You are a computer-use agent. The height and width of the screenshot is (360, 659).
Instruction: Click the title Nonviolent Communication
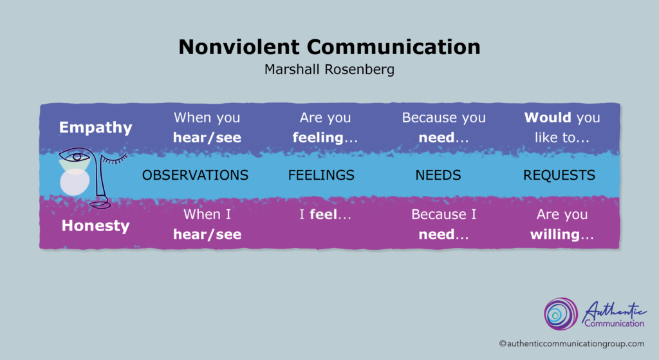tap(329, 46)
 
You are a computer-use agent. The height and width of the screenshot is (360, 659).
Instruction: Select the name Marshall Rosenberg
tap(329, 70)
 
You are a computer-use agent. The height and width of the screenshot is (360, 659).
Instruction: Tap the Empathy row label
tap(95, 128)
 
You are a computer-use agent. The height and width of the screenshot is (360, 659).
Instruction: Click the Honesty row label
tap(95, 226)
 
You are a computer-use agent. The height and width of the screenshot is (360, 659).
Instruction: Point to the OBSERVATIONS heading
tap(195, 175)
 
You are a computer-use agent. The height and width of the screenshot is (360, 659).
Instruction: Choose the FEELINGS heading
tap(321, 175)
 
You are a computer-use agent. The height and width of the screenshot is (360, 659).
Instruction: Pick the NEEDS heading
tap(438, 175)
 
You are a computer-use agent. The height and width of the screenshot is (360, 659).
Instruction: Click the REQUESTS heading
tap(559, 175)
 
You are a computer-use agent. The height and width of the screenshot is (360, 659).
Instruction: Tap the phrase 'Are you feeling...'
tap(325, 128)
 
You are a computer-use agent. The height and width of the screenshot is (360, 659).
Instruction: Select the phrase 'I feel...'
tap(325, 214)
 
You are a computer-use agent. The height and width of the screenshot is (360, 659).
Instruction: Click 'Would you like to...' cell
tap(562, 128)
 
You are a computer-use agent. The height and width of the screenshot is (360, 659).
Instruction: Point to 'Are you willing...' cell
tap(562, 224)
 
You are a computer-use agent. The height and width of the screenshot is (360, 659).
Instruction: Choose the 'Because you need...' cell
tap(443, 128)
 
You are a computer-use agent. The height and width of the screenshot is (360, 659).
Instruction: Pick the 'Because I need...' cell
tap(443, 224)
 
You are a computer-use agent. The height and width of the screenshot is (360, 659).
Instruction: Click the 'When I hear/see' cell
tap(207, 224)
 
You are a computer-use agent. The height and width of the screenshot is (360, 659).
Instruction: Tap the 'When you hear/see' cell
tap(207, 128)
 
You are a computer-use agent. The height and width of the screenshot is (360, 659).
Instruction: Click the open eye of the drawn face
tap(76, 157)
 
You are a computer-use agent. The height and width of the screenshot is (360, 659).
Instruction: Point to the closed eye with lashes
tap(113, 159)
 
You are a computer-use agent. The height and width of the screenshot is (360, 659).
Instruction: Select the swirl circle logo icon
tap(561, 314)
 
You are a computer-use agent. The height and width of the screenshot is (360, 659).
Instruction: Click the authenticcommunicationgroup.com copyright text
tap(571, 344)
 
